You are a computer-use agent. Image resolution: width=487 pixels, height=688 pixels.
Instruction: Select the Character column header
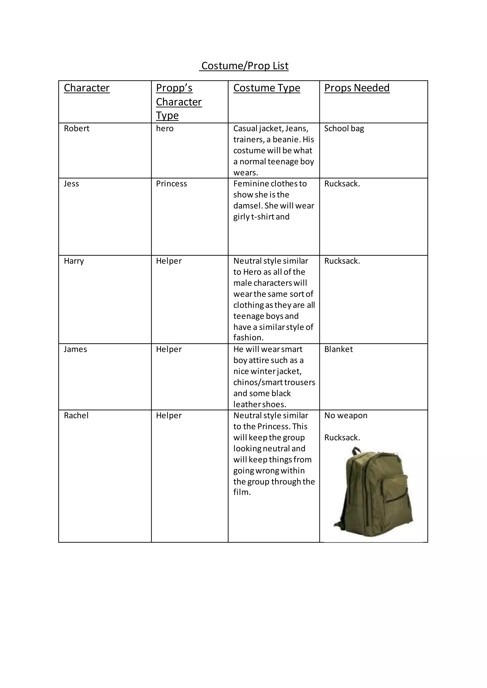(x=87, y=88)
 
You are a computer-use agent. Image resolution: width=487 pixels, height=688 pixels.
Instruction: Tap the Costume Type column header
(x=267, y=88)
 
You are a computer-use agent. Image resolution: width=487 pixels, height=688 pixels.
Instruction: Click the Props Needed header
(x=357, y=88)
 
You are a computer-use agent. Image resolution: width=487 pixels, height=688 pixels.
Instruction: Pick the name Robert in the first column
(x=77, y=129)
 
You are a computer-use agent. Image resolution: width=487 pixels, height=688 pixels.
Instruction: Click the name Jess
(x=71, y=184)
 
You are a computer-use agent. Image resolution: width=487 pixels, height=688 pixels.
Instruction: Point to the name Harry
(x=74, y=261)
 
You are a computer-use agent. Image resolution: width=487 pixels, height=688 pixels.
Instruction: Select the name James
(x=75, y=349)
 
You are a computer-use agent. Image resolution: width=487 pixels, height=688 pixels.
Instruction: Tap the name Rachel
(x=76, y=416)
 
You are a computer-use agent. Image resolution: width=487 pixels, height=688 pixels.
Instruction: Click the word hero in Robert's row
(x=165, y=129)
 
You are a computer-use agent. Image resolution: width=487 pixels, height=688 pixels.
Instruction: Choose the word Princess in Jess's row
(x=171, y=184)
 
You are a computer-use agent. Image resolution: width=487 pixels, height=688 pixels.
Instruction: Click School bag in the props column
(x=344, y=129)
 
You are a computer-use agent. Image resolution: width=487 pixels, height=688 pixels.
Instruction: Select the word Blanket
(x=339, y=349)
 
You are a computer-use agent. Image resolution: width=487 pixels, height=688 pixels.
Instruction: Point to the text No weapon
(x=346, y=416)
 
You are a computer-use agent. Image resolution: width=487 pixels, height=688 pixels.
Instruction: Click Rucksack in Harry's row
(x=342, y=261)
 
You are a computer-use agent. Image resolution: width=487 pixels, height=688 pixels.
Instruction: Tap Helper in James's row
(x=169, y=349)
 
